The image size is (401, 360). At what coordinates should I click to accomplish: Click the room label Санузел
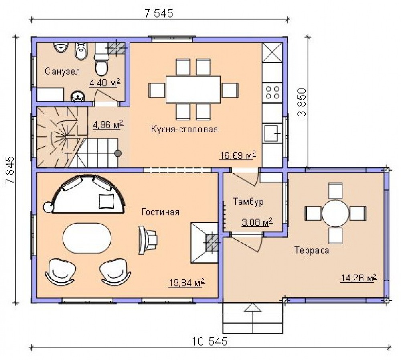pos(62,71)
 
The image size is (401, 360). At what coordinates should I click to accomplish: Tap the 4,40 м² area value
pos(105,83)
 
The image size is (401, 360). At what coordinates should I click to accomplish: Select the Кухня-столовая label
pos(184,129)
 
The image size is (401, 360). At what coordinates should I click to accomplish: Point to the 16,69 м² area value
pos(238,155)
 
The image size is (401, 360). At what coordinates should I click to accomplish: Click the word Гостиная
pos(160,212)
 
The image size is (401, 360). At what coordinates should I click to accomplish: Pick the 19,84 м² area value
pos(187,283)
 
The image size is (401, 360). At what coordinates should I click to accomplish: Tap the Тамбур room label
pos(248,201)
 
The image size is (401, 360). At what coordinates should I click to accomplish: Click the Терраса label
pos(312,250)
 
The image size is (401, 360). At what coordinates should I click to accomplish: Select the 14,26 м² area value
pos(359,278)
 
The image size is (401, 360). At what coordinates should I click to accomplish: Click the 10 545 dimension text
pos(209,341)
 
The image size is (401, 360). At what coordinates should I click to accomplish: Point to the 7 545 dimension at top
pos(159,13)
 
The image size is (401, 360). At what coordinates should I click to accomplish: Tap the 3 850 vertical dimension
pos(302,102)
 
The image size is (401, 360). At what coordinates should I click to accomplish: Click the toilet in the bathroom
pos(101,61)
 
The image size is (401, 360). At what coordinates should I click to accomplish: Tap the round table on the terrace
pos(335,213)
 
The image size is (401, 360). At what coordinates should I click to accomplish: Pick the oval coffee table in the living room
pos(87,238)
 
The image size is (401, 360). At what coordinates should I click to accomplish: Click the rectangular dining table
pos(193,89)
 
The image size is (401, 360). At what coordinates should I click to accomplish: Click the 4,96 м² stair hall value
pos(108,125)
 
